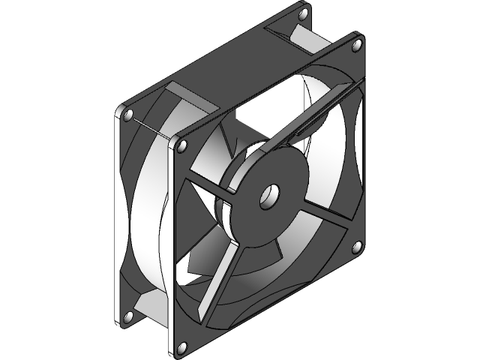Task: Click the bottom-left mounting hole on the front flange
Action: pyautogui.click(x=181, y=346)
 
